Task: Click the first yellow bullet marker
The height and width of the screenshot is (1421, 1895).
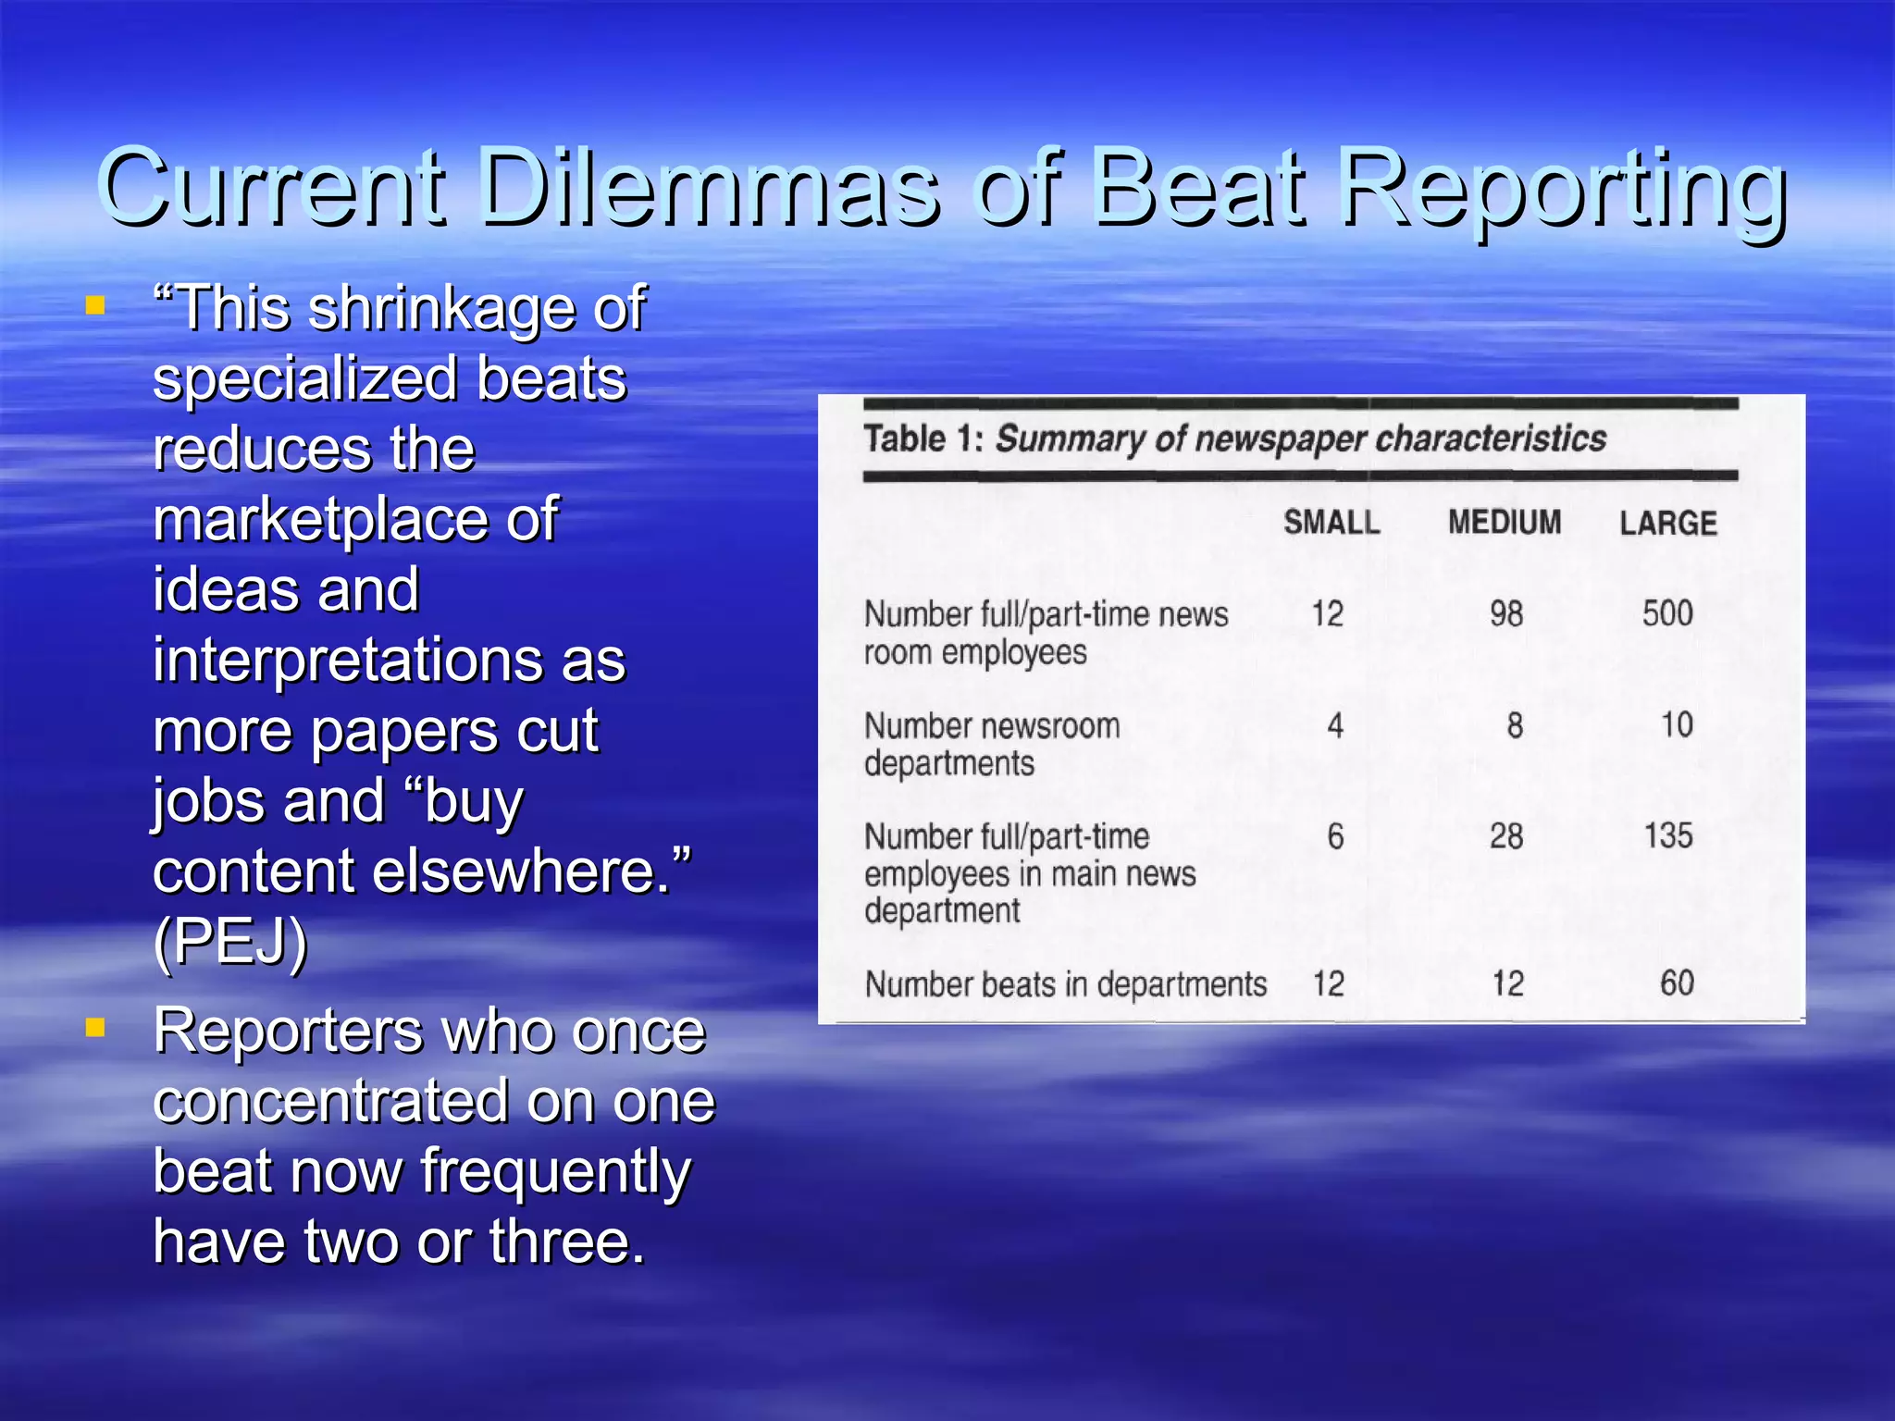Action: (94, 305)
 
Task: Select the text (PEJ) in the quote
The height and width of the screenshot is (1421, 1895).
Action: (230, 942)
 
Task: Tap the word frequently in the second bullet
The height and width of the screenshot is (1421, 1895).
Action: (555, 1171)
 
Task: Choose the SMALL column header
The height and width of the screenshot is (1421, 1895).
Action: (1331, 523)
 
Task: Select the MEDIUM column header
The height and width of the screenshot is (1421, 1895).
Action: (1504, 523)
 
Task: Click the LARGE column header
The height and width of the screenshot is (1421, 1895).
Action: (1667, 524)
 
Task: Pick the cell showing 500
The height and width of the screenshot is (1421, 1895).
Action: (1667, 613)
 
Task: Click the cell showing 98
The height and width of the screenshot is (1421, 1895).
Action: (1505, 613)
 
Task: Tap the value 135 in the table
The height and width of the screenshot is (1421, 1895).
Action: (1667, 836)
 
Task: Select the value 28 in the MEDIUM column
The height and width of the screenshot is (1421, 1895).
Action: (1505, 836)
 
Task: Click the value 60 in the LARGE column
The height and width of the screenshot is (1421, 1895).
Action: (1676, 983)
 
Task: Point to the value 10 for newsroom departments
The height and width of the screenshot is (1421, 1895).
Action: (1676, 724)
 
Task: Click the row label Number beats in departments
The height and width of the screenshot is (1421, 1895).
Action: (1065, 984)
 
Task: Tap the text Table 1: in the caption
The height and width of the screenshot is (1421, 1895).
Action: (923, 439)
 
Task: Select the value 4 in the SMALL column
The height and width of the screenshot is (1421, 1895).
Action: (1334, 725)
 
